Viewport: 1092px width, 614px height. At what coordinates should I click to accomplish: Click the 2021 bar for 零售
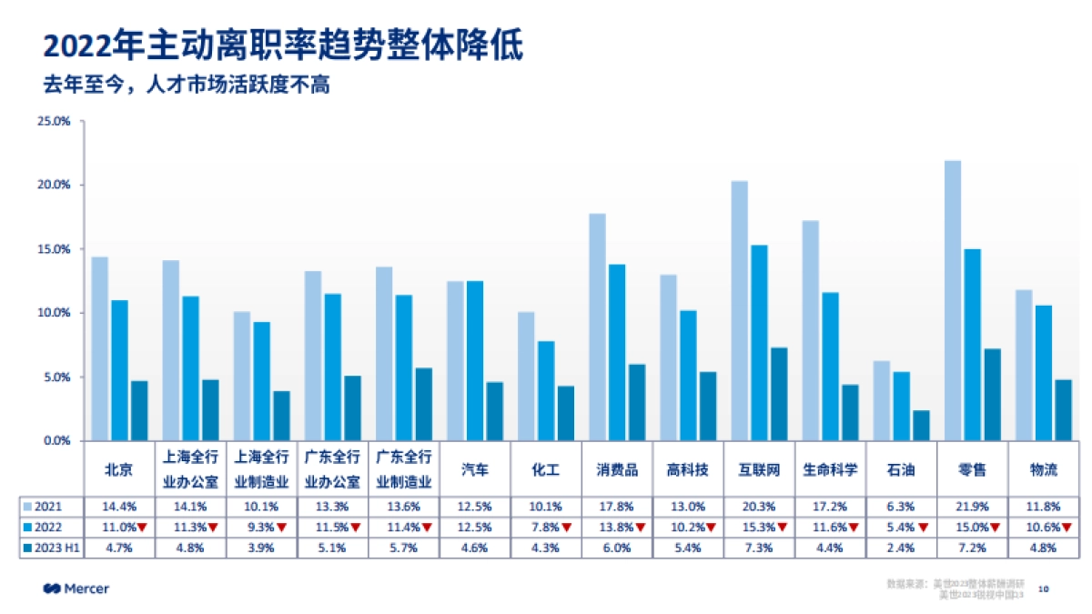pyautogui.click(x=953, y=300)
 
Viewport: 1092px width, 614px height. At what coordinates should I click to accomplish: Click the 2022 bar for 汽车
pyautogui.click(x=475, y=360)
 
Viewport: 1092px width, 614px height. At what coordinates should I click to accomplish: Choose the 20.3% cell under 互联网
pyautogui.click(x=760, y=507)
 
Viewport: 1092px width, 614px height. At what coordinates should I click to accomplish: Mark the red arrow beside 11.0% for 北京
pyautogui.click(x=142, y=528)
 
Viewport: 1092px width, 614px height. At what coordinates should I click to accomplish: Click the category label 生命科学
pyautogui.click(x=830, y=470)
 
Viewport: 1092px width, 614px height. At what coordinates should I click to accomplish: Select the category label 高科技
pyautogui.click(x=688, y=470)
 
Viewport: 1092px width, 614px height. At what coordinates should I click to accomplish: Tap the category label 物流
pyautogui.click(x=1044, y=470)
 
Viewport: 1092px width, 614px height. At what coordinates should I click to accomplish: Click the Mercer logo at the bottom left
pyautogui.click(x=76, y=589)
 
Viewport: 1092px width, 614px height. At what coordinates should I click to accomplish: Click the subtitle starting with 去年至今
pyautogui.click(x=186, y=86)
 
